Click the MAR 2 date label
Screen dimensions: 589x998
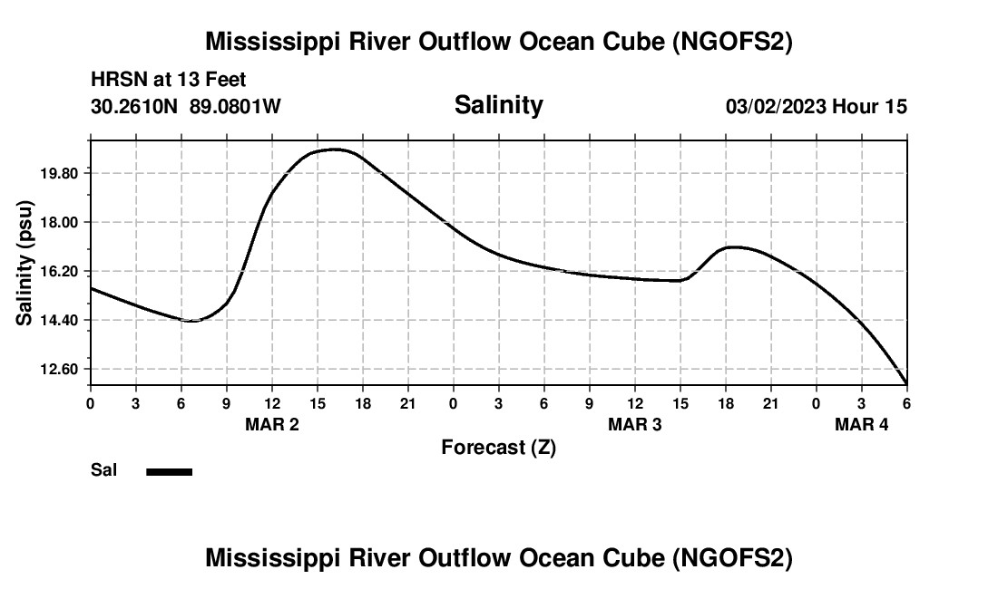coord(272,424)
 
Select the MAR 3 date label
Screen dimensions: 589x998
coord(635,424)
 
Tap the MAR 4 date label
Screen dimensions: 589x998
coord(862,424)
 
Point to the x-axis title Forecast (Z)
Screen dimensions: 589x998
coord(498,447)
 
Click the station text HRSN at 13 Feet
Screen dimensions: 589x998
coord(169,81)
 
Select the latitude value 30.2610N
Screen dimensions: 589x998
coord(135,107)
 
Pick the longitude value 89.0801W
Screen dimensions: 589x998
coord(235,107)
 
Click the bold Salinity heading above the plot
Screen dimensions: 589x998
coord(498,105)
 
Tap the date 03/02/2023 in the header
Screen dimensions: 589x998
coord(776,107)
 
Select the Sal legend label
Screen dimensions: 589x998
coord(103,470)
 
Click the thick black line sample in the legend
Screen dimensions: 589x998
coord(170,471)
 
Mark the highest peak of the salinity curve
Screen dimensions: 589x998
coord(336,150)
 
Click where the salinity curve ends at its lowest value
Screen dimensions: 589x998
coord(906,383)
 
